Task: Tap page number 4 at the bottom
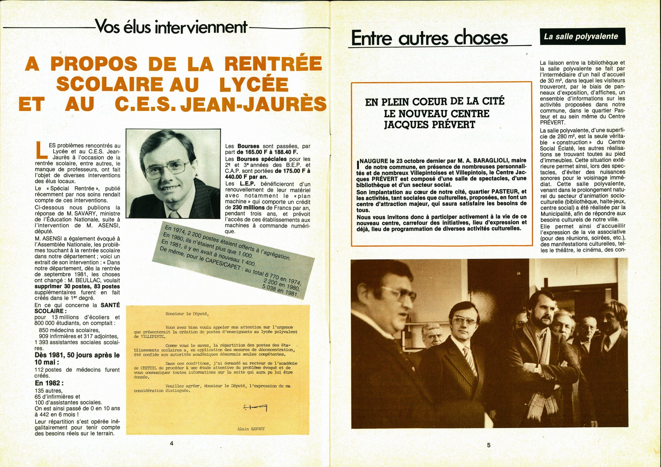click(x=172, y=444)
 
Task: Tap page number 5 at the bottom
click(x=489, y=445)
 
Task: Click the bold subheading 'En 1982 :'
click(x=49, y=383)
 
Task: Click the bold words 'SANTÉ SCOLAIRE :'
click(x=77, y=308)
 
